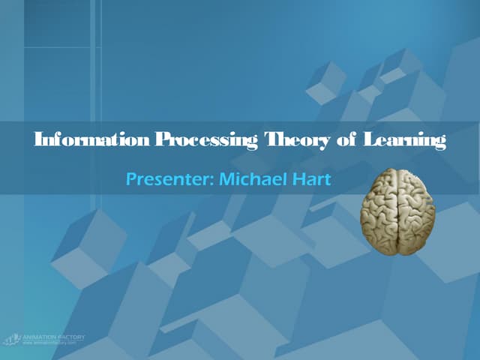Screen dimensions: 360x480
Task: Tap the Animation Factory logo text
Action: (54, 337)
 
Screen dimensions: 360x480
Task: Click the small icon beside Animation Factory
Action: (13, 340)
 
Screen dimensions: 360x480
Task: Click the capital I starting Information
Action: (39, 139)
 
